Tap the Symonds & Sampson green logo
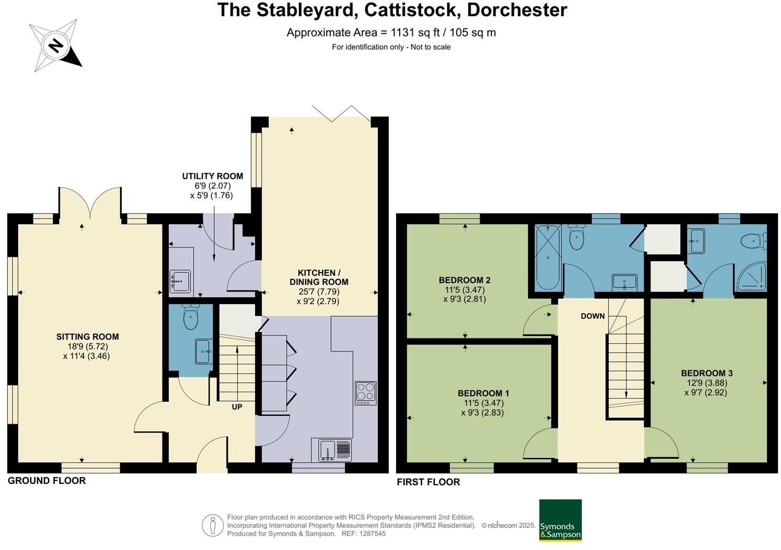click(560, 520)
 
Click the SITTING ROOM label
click(88, 337)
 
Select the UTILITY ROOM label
click(212, 176)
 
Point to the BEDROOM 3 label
click(707, 373)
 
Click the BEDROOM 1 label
click(483, 393)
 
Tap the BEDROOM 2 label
click(465, 280)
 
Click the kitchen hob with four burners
click(366, 393)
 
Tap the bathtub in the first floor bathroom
click(548, 257)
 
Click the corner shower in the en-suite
click(753, 276)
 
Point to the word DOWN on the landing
click(593, 316)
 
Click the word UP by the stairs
click(237, 406)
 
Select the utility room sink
click(180, 281)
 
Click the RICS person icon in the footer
click(212, 525)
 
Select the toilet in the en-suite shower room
click(752, 241)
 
